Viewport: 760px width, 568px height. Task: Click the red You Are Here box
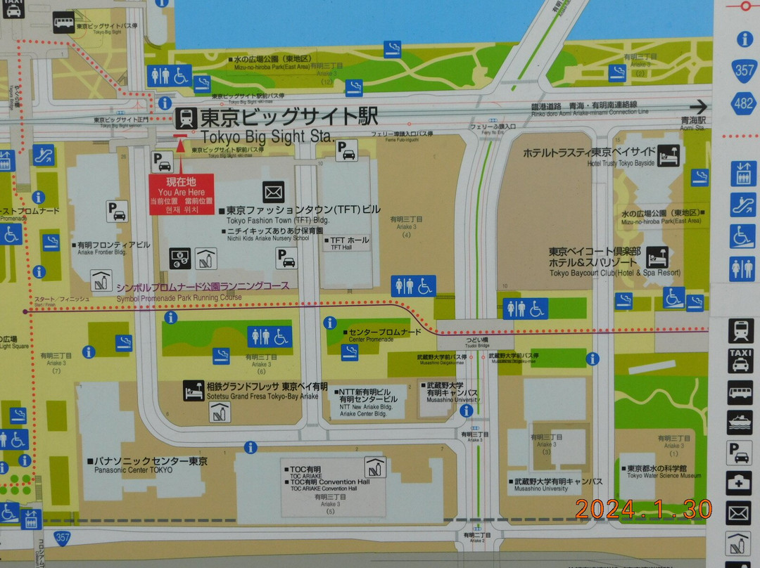point(181,195)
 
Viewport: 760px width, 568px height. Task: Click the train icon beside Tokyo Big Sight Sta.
point(186,117)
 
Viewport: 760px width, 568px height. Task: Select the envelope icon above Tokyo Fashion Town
point(273,191)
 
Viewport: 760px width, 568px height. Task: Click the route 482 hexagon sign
point(745,103)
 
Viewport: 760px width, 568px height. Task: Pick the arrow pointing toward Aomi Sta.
point(698,107)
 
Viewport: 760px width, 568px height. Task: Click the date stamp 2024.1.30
point(643,509)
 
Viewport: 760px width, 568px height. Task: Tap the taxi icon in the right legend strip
point(740,360)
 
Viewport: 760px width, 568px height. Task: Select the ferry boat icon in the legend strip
point(740,422)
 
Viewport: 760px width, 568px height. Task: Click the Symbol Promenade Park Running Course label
point(203,291)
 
